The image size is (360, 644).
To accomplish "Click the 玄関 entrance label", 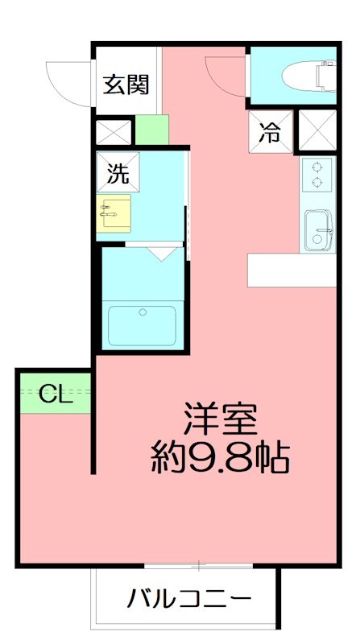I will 126,85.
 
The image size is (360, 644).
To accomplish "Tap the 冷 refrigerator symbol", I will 270,133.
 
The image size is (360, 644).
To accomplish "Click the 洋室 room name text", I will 220,419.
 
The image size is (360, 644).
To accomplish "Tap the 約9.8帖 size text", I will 220,459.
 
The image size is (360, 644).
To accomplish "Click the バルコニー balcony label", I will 188,600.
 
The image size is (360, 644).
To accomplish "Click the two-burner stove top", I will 317,175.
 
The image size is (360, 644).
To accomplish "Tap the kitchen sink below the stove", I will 318,229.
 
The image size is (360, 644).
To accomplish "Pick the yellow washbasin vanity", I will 114,213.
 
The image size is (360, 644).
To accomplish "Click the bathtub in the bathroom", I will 143,324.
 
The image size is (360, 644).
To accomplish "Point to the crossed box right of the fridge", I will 317,130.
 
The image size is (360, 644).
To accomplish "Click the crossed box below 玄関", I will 114,131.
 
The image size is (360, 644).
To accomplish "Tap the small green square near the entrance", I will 151,130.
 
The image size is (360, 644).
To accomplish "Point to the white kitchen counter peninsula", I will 291,270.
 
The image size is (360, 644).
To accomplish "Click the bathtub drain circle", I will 143,312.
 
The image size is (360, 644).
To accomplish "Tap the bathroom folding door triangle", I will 166,254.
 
